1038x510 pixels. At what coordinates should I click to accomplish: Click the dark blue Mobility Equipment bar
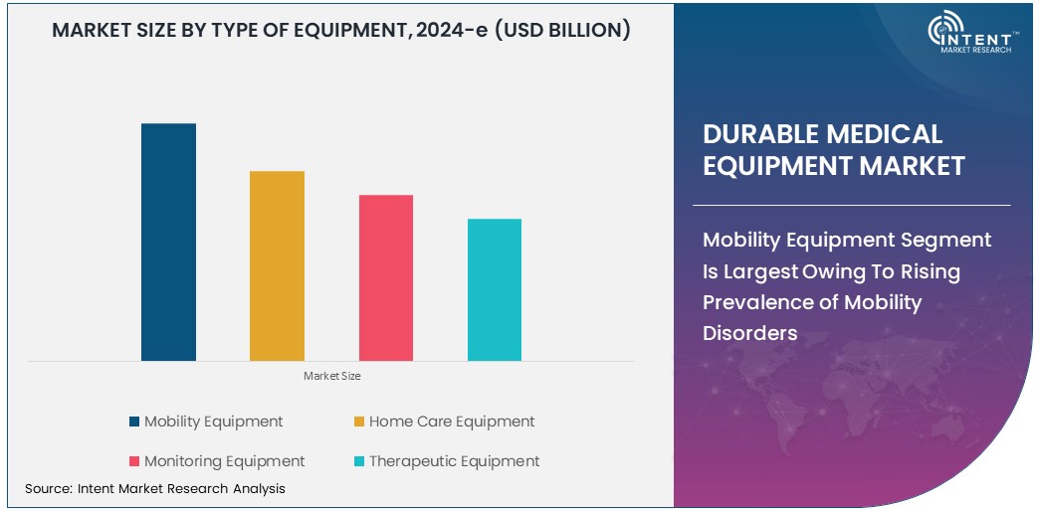168,242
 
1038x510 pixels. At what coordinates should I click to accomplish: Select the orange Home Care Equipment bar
277,265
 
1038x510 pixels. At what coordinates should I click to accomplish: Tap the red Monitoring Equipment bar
386,277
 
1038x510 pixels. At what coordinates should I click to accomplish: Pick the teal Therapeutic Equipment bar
495,289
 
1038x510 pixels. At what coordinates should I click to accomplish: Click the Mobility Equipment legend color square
134,422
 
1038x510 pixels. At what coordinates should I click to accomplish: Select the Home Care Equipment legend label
451,422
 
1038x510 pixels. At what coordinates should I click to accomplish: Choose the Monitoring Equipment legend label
224,461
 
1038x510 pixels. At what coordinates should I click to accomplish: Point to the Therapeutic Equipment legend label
454,461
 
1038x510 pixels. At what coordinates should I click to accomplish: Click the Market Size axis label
332,376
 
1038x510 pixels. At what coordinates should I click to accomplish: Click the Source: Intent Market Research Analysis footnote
155,488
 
